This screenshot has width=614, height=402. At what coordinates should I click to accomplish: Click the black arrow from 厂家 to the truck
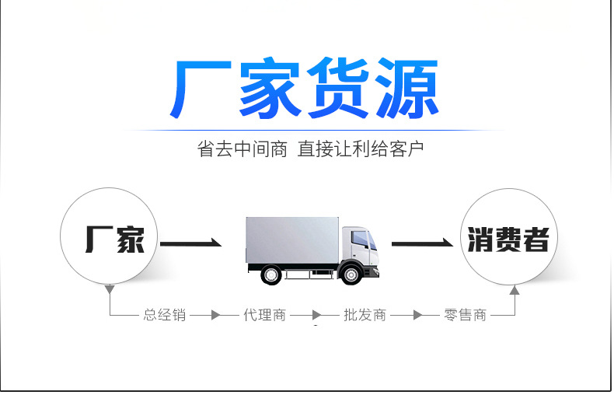pyautogui.click(x=191, y=244)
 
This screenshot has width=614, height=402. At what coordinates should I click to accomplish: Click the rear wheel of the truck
pyautogui.click(x=271, y=274)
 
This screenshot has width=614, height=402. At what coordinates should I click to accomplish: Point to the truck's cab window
pyautogui.click(x=359, y=239)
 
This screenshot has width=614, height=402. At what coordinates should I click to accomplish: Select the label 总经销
pyautogui.click(x=164, y=316)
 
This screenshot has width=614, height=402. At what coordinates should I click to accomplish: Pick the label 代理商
pyautogui.click(x=264, y=316)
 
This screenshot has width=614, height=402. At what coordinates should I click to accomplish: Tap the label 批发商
pyautogui.click(x=365, y=316)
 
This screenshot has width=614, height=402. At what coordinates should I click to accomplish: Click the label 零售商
pyautogui.click(x=465, y=316)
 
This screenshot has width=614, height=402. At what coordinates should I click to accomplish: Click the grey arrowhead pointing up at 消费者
pyautogui.click(x=514, y=291)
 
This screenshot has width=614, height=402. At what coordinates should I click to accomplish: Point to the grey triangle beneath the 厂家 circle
pyautogui.click(x=110, y=289)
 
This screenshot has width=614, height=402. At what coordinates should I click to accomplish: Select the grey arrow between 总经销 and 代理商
pyautogui.click(x=212, y=316)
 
